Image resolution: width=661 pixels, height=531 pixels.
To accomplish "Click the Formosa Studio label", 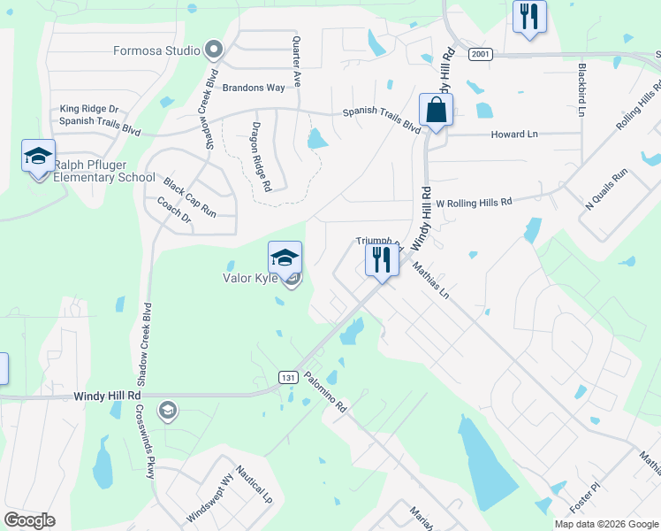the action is click(156, 50).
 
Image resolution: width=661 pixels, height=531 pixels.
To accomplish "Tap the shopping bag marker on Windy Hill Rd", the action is click(436, 111).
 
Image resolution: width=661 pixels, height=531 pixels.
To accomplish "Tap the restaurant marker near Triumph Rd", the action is click(382, 260).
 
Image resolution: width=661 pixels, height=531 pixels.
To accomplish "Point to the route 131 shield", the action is click(287, 378).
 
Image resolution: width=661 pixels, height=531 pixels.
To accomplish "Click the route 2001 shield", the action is click(480, 54).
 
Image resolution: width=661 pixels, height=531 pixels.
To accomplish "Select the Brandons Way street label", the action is click(253, 88).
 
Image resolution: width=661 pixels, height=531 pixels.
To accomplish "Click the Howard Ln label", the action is click(513, 135).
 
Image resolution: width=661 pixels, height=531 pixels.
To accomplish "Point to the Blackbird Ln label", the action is click(581, 88).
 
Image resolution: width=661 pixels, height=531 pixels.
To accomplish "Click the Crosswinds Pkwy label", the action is click(145, 442).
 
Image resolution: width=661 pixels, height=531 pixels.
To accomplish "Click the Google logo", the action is click(29, 520).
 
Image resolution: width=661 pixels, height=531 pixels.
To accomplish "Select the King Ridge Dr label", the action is click(89, 109).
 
